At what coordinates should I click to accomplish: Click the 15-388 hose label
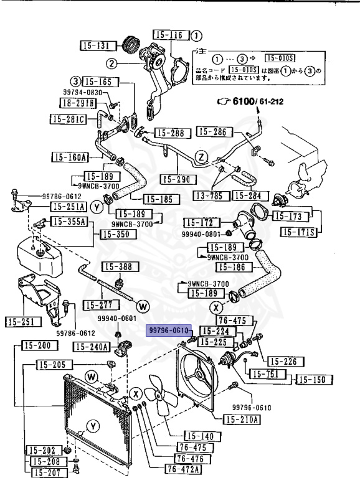(x=117, y=267)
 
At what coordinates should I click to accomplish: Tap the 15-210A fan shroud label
(x=242, y=419)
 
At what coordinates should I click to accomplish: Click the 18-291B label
(x=82, y=103)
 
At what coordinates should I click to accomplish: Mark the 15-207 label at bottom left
(x=44, y=472)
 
